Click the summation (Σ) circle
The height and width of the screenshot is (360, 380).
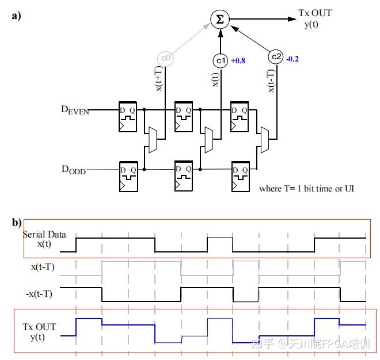click(220, 19)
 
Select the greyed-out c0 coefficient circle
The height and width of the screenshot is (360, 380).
click(165, 58)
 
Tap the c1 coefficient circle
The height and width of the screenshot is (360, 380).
click(221, 60)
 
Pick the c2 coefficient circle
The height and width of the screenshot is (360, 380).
click(276, 57)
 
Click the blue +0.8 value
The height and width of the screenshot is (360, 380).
click(238, 60)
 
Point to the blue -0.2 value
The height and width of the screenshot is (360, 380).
click(292, 59)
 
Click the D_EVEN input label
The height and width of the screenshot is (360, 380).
click(75, 110)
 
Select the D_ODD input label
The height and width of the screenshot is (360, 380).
click(74, 170)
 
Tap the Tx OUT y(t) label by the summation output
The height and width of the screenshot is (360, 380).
click(315, 18)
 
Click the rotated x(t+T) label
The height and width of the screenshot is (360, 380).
click(158, 79)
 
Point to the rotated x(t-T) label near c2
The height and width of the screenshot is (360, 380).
click(271, 81)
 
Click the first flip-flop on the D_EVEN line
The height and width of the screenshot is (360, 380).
click(128, 117)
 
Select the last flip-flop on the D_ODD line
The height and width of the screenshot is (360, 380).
click(241, 177)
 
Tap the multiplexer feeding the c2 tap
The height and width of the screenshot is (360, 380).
click(265, 140)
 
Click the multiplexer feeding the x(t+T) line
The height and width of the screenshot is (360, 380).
click(153, 140)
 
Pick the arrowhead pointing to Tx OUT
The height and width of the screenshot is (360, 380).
click(292, 19)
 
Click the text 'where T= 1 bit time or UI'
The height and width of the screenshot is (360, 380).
click(306, 189)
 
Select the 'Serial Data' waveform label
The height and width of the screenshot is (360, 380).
click(44, 235)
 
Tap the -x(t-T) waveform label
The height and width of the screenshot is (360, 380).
click(39, 294)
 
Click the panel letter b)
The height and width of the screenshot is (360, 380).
click(17, 223)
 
